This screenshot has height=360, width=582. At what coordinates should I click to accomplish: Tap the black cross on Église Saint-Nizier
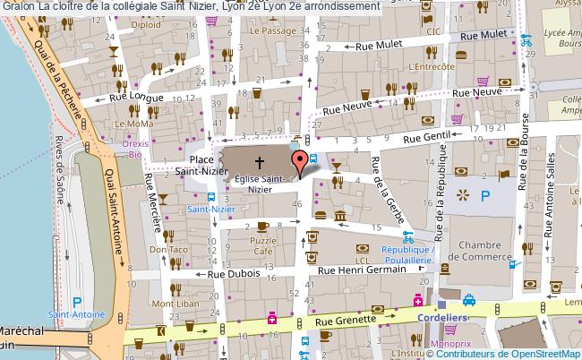261,162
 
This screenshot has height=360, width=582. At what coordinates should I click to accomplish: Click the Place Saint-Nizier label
199,160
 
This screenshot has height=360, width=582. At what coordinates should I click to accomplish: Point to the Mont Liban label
173,304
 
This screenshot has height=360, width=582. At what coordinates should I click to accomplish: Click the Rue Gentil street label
425,137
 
